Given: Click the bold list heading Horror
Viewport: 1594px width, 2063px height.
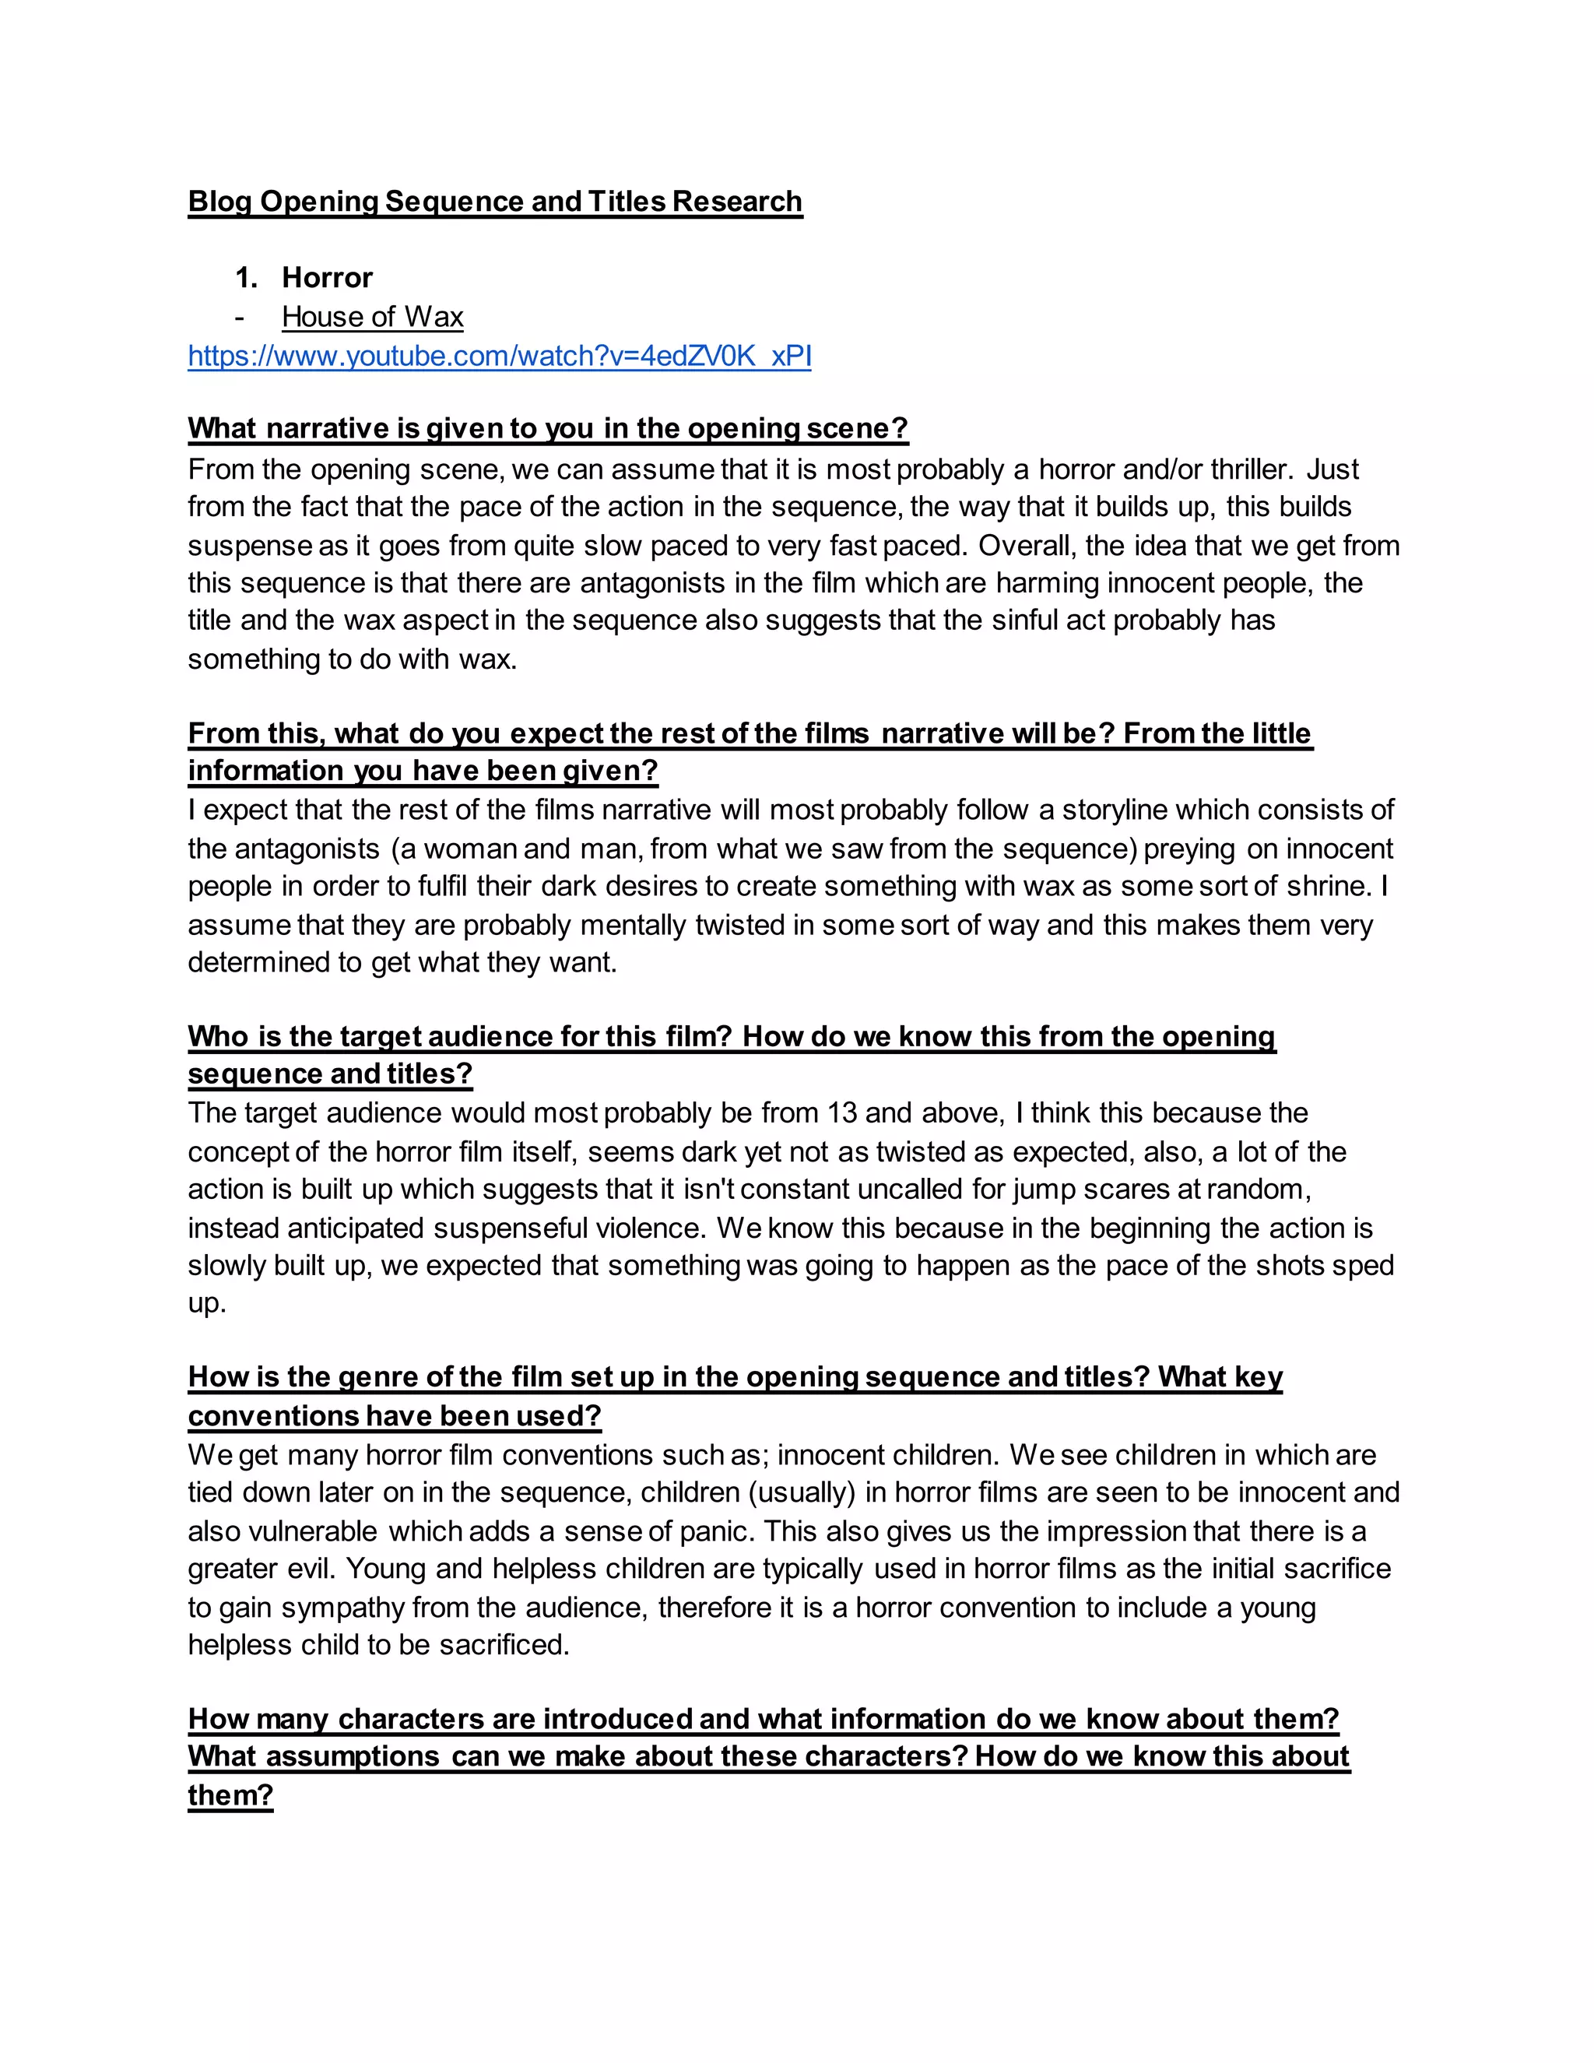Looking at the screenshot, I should [327, 278].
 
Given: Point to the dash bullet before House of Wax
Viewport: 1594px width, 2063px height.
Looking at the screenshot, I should [240, 318].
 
